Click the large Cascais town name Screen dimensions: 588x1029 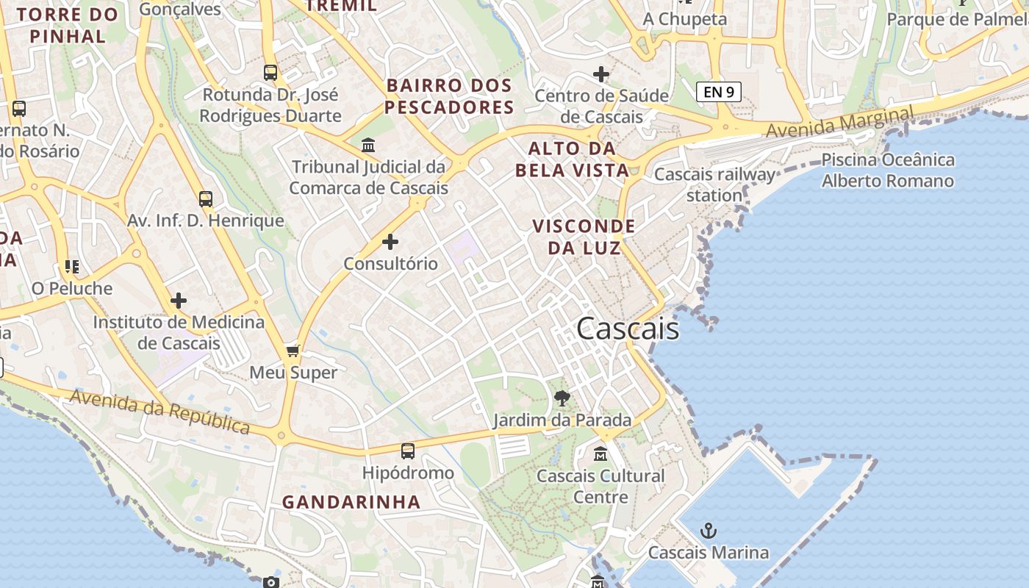point(628,329)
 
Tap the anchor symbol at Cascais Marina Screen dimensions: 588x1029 point(709,531)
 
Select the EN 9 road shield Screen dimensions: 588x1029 point(718,92)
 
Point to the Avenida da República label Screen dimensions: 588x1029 point(159,412)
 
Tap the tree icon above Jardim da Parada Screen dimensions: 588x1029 point(562,399)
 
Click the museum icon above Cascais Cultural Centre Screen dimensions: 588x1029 point(600,454)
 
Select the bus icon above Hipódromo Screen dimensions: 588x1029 point(408,451)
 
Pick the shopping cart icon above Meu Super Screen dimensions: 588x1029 point(293,351)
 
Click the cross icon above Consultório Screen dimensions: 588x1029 point(390,241)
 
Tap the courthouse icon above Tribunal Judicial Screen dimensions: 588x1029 point(368,145)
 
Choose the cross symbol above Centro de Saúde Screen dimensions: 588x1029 point(601,74)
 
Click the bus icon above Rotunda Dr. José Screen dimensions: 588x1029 point(270,73)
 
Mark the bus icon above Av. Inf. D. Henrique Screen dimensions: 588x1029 point(206,198)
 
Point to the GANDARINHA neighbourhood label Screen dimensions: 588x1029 point(351,502)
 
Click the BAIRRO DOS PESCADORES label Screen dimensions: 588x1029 point(449,96)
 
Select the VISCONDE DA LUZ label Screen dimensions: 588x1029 point(584,237)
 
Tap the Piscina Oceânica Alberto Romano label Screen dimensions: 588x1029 point(888,171)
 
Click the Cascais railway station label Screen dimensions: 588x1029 point(714,184)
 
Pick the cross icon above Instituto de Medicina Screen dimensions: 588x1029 point(178,301)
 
